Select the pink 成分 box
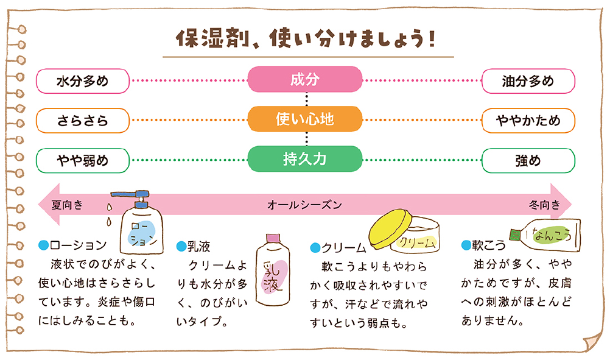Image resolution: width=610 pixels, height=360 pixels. (x=305, y=80)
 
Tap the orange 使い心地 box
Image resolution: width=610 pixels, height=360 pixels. (x=305, y=119)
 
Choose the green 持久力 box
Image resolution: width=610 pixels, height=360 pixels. (x=305, y=160)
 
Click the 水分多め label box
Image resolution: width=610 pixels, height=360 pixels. (x=83, y=80)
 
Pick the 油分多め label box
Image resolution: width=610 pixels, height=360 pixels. (x=528, y=80)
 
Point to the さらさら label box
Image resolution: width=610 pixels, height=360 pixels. (x=83, y=120)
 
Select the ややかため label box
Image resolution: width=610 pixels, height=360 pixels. (x=528, y=120)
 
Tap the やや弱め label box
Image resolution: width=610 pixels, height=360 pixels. (x=83, y=160)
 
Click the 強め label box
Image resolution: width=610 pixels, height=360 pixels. (x=528, y=160)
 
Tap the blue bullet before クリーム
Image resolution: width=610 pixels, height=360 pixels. (x=315, y=247)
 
